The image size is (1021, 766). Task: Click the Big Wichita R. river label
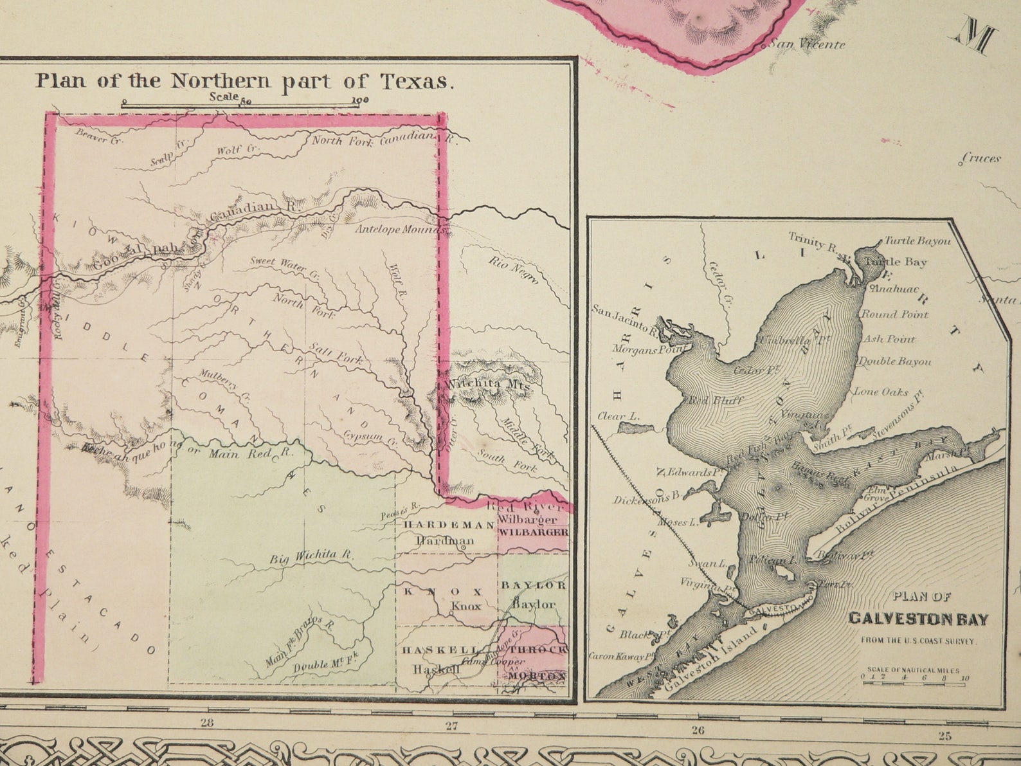(x=311, y=557)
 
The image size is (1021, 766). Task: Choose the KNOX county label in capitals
(x=443, y=591)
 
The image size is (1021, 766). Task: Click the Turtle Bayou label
(x=917, y=241)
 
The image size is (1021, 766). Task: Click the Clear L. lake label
(x=619, y=416)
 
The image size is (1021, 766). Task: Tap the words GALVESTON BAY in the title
(x=918, y=619)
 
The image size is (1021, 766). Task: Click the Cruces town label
(x=982, y=158)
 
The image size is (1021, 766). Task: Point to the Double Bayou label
(x=894, y=361)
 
